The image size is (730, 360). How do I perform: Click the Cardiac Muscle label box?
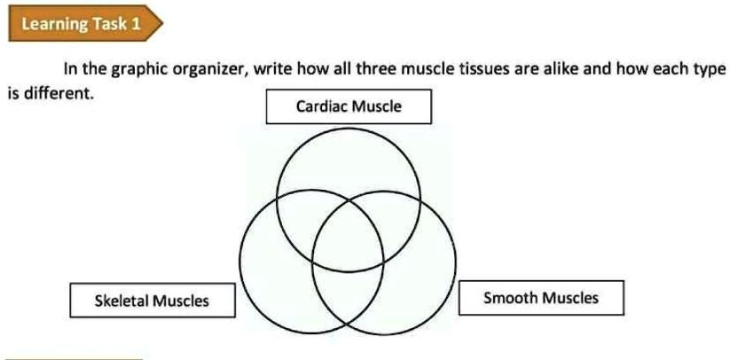tap(349, 107)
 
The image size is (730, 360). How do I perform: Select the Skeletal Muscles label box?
tap(152, 301)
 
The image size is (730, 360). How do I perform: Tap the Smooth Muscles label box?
tap(540, 297)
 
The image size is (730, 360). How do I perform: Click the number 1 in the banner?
tap(136, 24)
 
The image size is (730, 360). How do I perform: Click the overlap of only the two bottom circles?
tap(349, 293)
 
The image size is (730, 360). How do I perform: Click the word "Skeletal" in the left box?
tap(122, 301)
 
